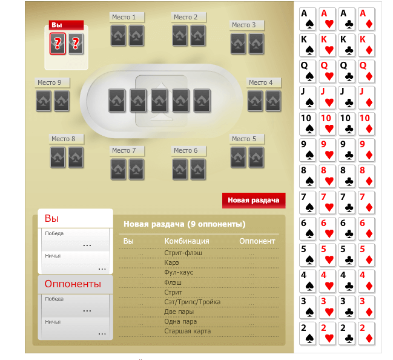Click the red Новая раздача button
tap(253, 200)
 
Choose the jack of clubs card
tap(347, 98)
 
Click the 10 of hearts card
tap(328, 124)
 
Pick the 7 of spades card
tap(308, 202)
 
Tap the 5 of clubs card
tap(347, 255)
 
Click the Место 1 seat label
tap(127, 17)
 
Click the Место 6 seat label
tap(188, 150)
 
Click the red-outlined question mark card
tap(58, 44)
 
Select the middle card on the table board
tap(159, 100)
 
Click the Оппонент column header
tap(257, 241)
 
